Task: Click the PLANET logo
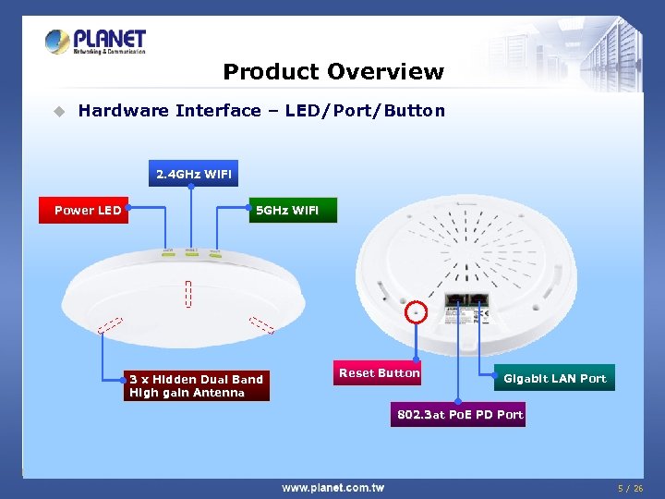(96, 42)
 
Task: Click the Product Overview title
(333, 72)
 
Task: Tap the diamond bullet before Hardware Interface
(58, 112)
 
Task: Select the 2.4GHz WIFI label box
(193, 174)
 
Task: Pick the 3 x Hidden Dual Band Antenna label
(196, 386)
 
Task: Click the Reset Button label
(379, 373)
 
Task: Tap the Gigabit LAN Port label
(554, 378)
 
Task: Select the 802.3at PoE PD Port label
(460, 415)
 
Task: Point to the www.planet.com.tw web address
(332, 488)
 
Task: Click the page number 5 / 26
(631, 488)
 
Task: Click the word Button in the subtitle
(416, 111)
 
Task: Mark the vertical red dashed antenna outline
(187, 295)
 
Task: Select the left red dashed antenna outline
(110, 325)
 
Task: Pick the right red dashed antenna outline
(261, 324)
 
